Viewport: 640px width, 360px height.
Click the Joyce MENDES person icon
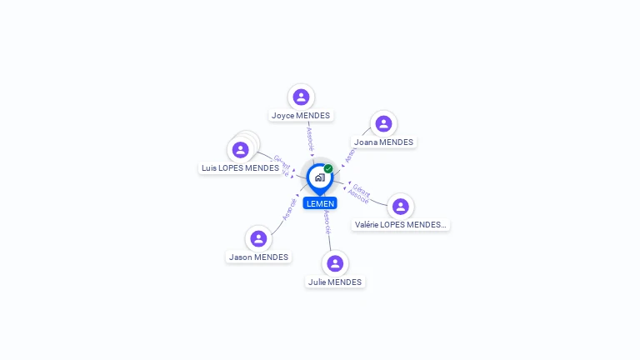click(301, 97)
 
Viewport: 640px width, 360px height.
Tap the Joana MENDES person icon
click(383, 123)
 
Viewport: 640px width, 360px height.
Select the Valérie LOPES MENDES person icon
click(401, 206)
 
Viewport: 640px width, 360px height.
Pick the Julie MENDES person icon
click(335, 263)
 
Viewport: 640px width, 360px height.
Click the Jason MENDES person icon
click(258, 238)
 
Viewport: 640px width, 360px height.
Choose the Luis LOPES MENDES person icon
click(241, 150)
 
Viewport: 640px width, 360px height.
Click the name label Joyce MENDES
click(301, 115)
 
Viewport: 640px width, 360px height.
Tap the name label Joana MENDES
click(383, 142)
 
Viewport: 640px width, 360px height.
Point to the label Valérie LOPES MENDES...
click(401, 224)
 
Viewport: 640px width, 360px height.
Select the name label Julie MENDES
click(335, 282)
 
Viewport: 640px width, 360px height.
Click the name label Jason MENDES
click(258, 257)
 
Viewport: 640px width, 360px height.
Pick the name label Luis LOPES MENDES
click(240, 167)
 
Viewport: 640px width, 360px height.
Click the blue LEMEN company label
click(320, 203)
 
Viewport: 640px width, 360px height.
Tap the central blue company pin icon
click(319, 177)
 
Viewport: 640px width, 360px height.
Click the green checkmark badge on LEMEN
click(328, 168)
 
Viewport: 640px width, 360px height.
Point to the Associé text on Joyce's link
click(311, 137)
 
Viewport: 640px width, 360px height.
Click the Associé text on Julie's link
click(327, 220)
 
